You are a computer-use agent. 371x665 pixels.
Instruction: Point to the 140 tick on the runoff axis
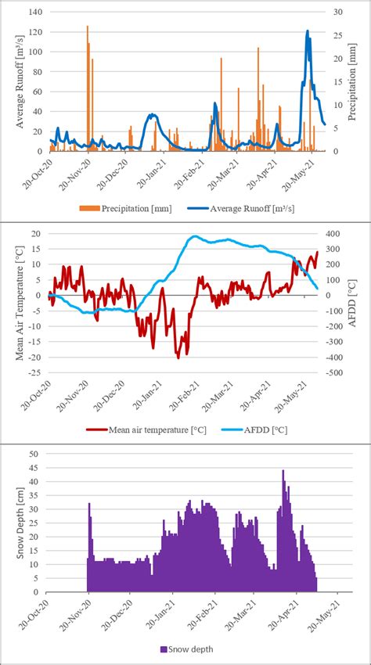[x=36, y=13]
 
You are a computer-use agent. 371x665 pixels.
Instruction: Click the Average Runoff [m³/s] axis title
[x=22, y=81]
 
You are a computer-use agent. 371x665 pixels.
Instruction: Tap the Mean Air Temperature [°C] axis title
[x=20, y=303]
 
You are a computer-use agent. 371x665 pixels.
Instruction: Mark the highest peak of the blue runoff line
[x=308, y=31]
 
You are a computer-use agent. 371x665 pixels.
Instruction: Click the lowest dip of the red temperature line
[x=178, y=357]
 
